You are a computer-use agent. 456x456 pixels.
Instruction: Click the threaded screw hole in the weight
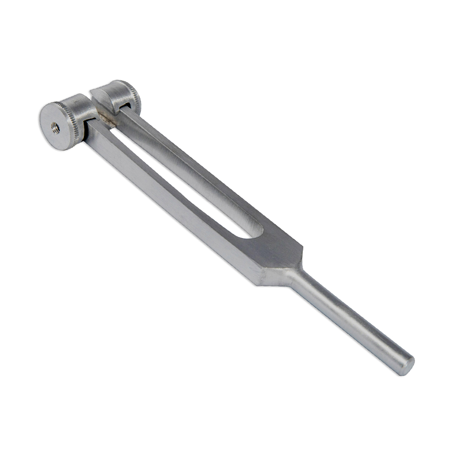(56, 128)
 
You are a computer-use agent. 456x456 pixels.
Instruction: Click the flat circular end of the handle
(406, 365)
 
